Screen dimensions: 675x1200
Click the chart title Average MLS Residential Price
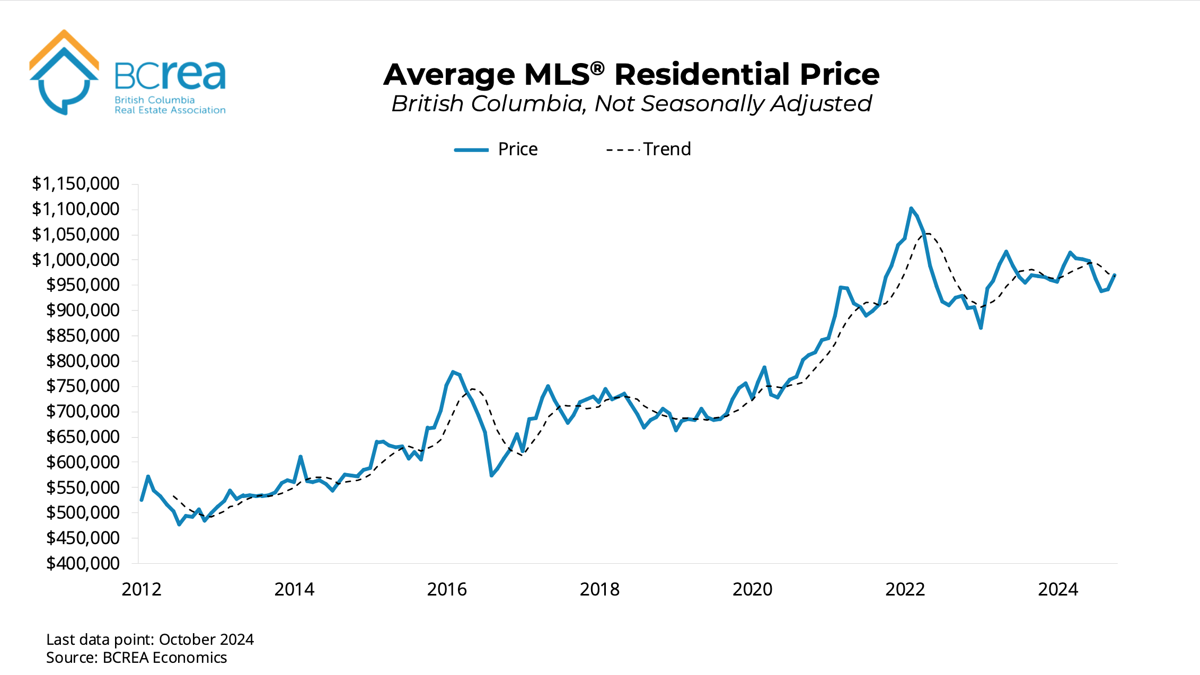click(631, 74)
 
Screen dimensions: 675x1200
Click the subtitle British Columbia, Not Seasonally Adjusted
click(631, 104)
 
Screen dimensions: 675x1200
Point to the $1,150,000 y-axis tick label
click(76, 184)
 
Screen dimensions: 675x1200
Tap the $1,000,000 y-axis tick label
click(76, 260)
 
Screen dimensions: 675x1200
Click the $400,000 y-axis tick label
click(83, 563)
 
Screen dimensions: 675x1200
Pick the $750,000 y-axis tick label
click(83, 386)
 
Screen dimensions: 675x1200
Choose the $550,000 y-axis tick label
click(83, 487)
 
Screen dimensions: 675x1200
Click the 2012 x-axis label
click(142, 590)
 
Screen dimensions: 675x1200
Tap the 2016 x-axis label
click(447, 590)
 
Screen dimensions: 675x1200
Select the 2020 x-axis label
click(752, 590)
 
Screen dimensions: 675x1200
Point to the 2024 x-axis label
click(1057, 590)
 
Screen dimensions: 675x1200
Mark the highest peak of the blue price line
click(911, 208)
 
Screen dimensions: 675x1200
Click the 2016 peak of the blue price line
click(453, 372)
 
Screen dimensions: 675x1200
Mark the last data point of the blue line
click(1115, 275)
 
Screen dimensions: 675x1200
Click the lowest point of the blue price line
click(179, 525)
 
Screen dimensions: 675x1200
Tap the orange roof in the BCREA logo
click(64, 42)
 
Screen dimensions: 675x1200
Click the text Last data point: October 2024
click(150, 640)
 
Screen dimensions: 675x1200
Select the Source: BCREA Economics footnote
click(136, 658)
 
